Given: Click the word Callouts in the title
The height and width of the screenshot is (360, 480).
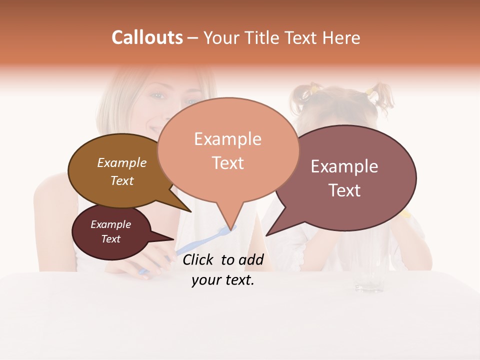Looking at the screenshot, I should tap(147, 37).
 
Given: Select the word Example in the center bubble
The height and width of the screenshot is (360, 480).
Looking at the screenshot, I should tap(227, 139).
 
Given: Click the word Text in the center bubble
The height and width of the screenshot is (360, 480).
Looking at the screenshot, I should tap(227, 163).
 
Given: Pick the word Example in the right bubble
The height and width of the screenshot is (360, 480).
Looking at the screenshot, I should tap(344, 166).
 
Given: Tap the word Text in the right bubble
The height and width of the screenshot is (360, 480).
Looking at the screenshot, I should tap(344, 190).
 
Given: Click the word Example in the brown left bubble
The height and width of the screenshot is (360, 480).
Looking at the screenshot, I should tap(121, 163).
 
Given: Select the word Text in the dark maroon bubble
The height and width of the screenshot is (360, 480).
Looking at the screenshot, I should tap(110, 239).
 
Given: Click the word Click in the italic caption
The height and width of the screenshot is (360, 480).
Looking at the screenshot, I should tap(198, 259).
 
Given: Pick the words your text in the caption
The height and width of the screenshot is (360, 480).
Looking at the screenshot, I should tap(222, 280).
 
